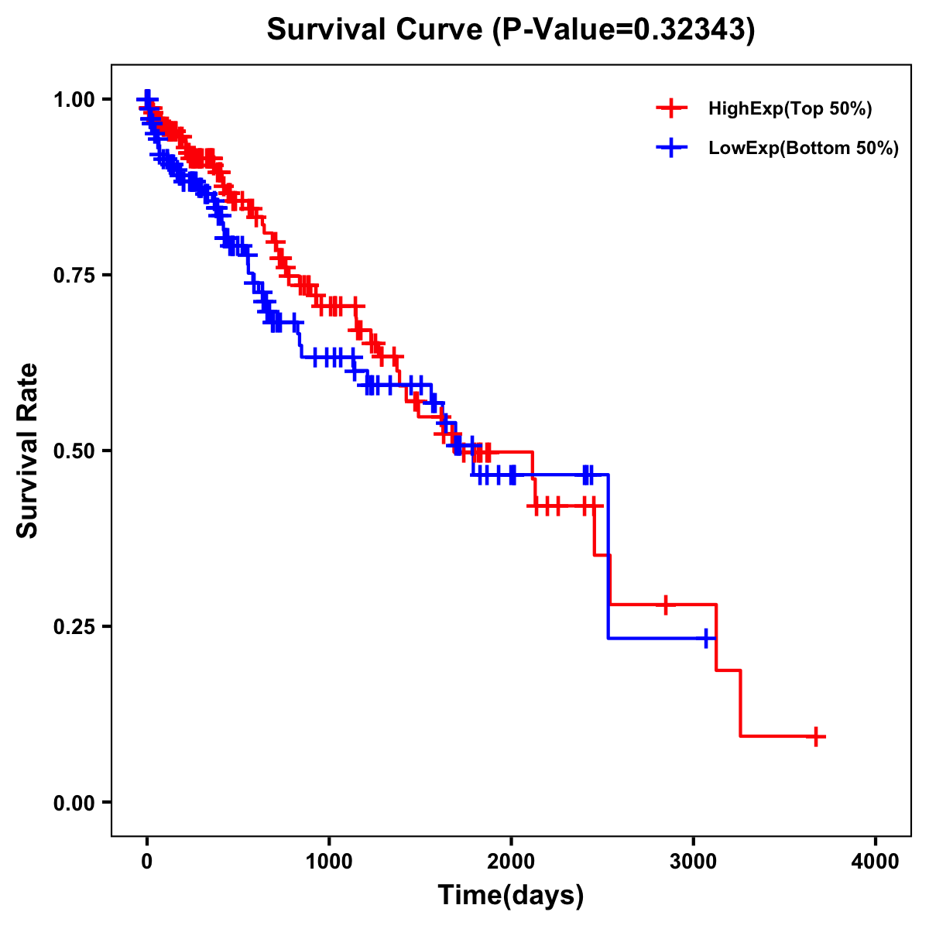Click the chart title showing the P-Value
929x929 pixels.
coord(510,29)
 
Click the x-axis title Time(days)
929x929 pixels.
coord(510,895)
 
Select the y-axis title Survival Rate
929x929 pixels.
coord(28,450)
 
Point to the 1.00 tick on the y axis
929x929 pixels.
coord(74,100)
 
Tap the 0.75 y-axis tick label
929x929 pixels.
coord(74,276)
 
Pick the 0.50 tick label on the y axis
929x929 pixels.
coord(74,451)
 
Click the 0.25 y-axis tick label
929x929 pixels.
coord(74,627)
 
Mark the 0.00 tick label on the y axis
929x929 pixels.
coord(74,803)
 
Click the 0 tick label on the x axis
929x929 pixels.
coord(147,861)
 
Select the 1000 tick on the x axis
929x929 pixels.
coord(329,861)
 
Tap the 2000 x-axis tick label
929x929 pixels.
coord(511,861)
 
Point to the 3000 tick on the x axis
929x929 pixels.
coord(694,861)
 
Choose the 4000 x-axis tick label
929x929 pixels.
coord(876,861)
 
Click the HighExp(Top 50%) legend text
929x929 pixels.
coord(790,109)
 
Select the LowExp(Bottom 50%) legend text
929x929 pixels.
coord(804,149)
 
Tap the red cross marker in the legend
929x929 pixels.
coord(671,108)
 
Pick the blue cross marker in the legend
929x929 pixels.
coord(671,148)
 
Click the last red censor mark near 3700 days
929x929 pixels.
coord(815,736)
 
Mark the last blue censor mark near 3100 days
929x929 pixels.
coord(705,639)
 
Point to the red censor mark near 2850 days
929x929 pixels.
coord(665,604)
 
